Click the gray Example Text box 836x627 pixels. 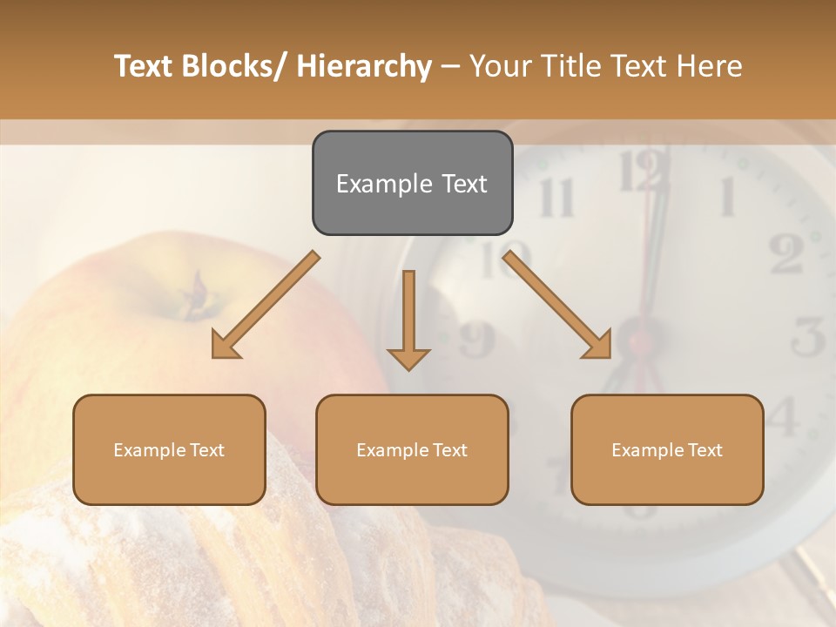tap(412, 183)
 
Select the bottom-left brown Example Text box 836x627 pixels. tap(169, 449)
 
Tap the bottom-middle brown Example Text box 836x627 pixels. tap(412, 449)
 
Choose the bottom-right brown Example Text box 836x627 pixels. tap(667, 449)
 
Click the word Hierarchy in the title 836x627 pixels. tap(364, 66)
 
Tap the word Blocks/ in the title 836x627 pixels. tap(231, 66)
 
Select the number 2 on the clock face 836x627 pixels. tap(787, 253)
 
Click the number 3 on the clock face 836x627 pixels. tap(809, 336)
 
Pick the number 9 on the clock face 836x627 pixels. tap(476, 340)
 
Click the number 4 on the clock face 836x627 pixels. tap(783, 416)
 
